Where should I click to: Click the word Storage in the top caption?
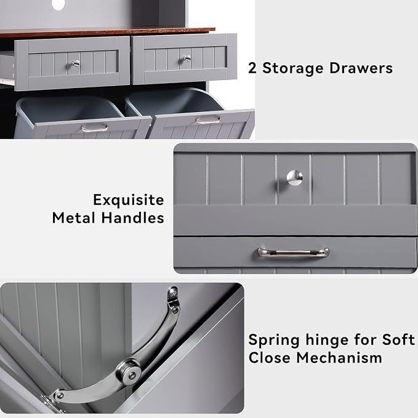292,69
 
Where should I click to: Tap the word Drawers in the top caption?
361,68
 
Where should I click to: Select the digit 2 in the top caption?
252,68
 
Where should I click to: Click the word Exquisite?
129,200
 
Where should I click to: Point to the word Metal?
74,218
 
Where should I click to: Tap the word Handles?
133,218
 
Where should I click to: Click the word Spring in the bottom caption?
274,340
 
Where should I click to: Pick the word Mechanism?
339,358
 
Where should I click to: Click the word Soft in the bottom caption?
398,340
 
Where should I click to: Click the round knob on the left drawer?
76,63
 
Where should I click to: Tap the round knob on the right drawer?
187,58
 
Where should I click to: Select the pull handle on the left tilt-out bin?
94,128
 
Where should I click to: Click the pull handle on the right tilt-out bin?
208,120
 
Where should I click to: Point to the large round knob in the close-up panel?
295,177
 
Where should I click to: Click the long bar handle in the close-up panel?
293,252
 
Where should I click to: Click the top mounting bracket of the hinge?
173,295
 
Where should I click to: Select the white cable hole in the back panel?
59,4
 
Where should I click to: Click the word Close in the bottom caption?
269,358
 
